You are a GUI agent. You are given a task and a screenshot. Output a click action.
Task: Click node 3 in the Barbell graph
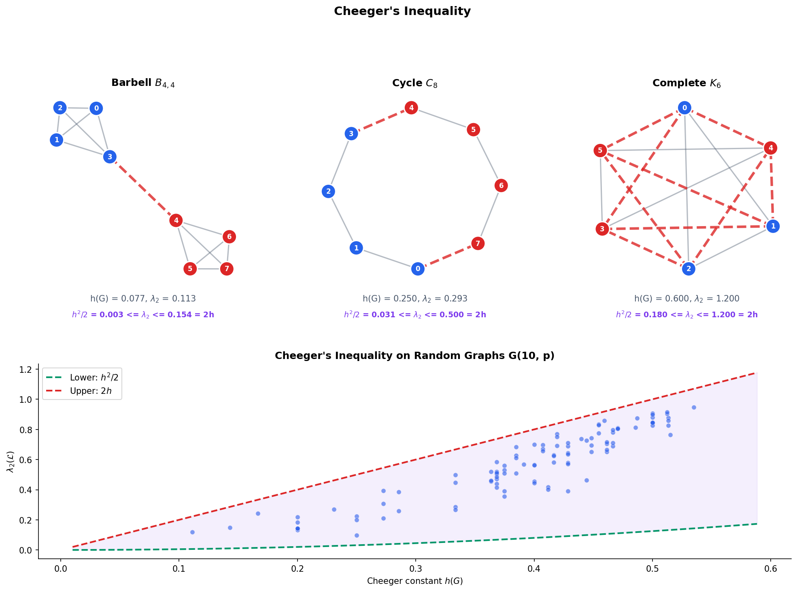pyautogui.click(x=110, y=157)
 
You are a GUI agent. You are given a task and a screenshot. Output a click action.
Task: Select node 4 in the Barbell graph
pyautogui.click(x=176, y=220)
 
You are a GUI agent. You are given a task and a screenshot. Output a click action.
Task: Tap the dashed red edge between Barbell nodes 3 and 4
pyautogui.click(x=142, y=189)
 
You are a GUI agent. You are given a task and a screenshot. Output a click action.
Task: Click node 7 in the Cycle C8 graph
pyautogui.click(x=478, y=244)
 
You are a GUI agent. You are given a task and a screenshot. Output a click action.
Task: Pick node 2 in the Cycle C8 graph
pyautogui.click(x=328, y=191)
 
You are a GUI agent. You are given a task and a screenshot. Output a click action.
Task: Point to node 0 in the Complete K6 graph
pyautogui.click(x=684, y=108)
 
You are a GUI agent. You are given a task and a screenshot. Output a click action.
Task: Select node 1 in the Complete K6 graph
pyautogui.click(x=773, y=226)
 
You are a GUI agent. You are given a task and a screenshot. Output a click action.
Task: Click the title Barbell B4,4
pyautogui.click(x=143, y=83)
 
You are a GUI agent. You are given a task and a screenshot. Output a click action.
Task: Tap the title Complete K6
pyautogui.click(x=686, y=83)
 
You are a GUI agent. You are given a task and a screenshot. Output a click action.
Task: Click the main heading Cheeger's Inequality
pyautogui.click(x=402, y=11)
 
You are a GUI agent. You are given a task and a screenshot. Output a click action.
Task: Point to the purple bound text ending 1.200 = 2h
pyautogui.click(x=686, y=315)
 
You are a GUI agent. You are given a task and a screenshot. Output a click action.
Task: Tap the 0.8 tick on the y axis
pyautogui.click(x=30, y=430)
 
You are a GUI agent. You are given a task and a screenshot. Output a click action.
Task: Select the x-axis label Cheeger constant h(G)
pyautogui.click(x=414, y=581)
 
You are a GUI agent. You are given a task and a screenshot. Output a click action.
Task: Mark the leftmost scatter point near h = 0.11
pyautogui.click(x=192, y=532)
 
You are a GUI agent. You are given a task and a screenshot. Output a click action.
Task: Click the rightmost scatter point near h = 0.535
pyautogui.click(x=694, y=407)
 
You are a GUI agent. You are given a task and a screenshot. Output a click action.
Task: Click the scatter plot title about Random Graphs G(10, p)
pyautogui.click(x=414, y=356)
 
